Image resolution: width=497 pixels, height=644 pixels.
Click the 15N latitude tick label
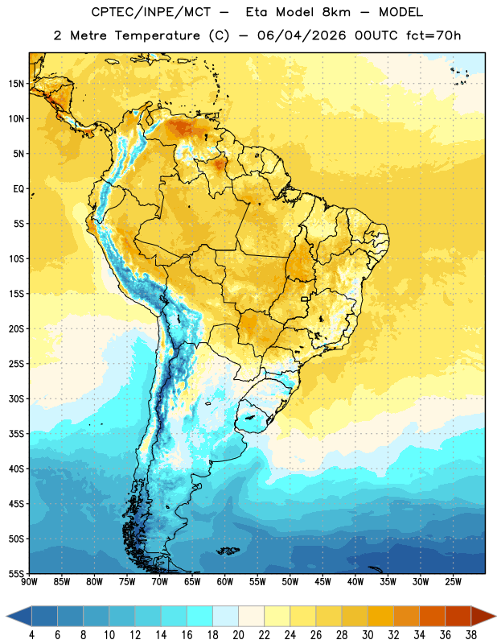(x=16, y=84)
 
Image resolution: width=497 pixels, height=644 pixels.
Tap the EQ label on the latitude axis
(x=18, y=189)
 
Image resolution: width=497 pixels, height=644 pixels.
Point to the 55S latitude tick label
(x=16, y=574)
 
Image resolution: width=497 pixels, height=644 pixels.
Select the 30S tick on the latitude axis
(x=16, y=398)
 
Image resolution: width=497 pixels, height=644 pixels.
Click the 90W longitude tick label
(x=29, y=582)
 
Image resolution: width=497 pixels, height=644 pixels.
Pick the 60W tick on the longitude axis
(x=225, y=582)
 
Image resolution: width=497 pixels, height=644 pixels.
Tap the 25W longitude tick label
(x=453, y=582)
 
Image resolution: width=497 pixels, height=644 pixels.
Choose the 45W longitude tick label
(x=322, y=582)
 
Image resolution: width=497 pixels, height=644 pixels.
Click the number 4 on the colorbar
(x=31, y=635)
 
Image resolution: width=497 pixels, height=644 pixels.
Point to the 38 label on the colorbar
(x=471, y=635)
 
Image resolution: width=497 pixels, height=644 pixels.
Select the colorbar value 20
(x=238, y=635)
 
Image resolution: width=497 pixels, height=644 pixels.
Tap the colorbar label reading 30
(x=368, y=635)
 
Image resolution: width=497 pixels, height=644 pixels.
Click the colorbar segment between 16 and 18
(x=200, y=616)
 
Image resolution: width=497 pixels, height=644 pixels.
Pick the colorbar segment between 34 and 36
(x=433, y=616)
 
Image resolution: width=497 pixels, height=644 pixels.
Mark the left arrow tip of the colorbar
(x=6, y=616)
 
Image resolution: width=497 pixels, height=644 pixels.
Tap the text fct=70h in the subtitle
(x=433, y=35)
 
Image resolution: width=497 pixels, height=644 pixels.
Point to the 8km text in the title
(x=336, y=12)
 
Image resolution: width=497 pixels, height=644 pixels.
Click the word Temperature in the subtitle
(x=157, y=35)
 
